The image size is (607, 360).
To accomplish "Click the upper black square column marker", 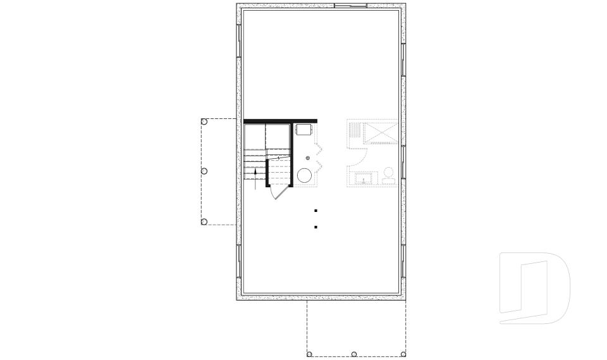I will tap(316, 211).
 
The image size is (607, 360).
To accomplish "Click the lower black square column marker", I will tap(316, 227).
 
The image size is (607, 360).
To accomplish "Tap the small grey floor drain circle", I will tap(308, 158).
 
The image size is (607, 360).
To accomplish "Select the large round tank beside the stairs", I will tap(304, 176).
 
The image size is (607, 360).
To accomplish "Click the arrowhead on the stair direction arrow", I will tap(255, 170).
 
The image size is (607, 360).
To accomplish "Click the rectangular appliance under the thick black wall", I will tap(303, 129).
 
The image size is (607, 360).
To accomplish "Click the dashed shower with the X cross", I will tap(381, 133).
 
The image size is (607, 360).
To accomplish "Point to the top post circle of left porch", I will tap(204, 121).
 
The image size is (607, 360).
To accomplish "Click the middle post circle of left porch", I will tap(204, 171).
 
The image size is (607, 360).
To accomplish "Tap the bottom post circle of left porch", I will tap(204, 221).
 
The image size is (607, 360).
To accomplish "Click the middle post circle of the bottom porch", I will tap(354, 354).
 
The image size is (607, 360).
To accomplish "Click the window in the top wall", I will tap(350, 6).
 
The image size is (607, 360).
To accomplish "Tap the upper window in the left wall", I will tap(239, 42).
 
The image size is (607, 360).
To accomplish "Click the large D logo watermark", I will tap(534, 288).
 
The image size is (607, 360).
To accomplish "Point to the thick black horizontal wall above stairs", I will tap(280, 120).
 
